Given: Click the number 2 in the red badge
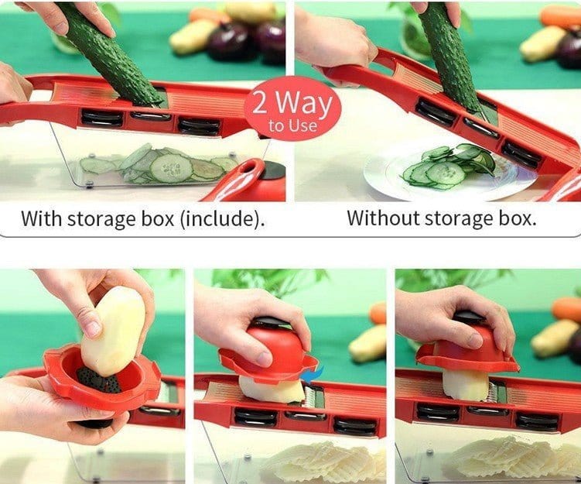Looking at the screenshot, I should point(261,102).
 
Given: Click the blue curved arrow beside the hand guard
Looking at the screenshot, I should point(316,374).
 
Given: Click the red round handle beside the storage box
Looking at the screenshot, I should point(255,182).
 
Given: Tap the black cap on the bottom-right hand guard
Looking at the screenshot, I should point(469,318).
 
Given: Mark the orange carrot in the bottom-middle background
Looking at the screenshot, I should point(378,313).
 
